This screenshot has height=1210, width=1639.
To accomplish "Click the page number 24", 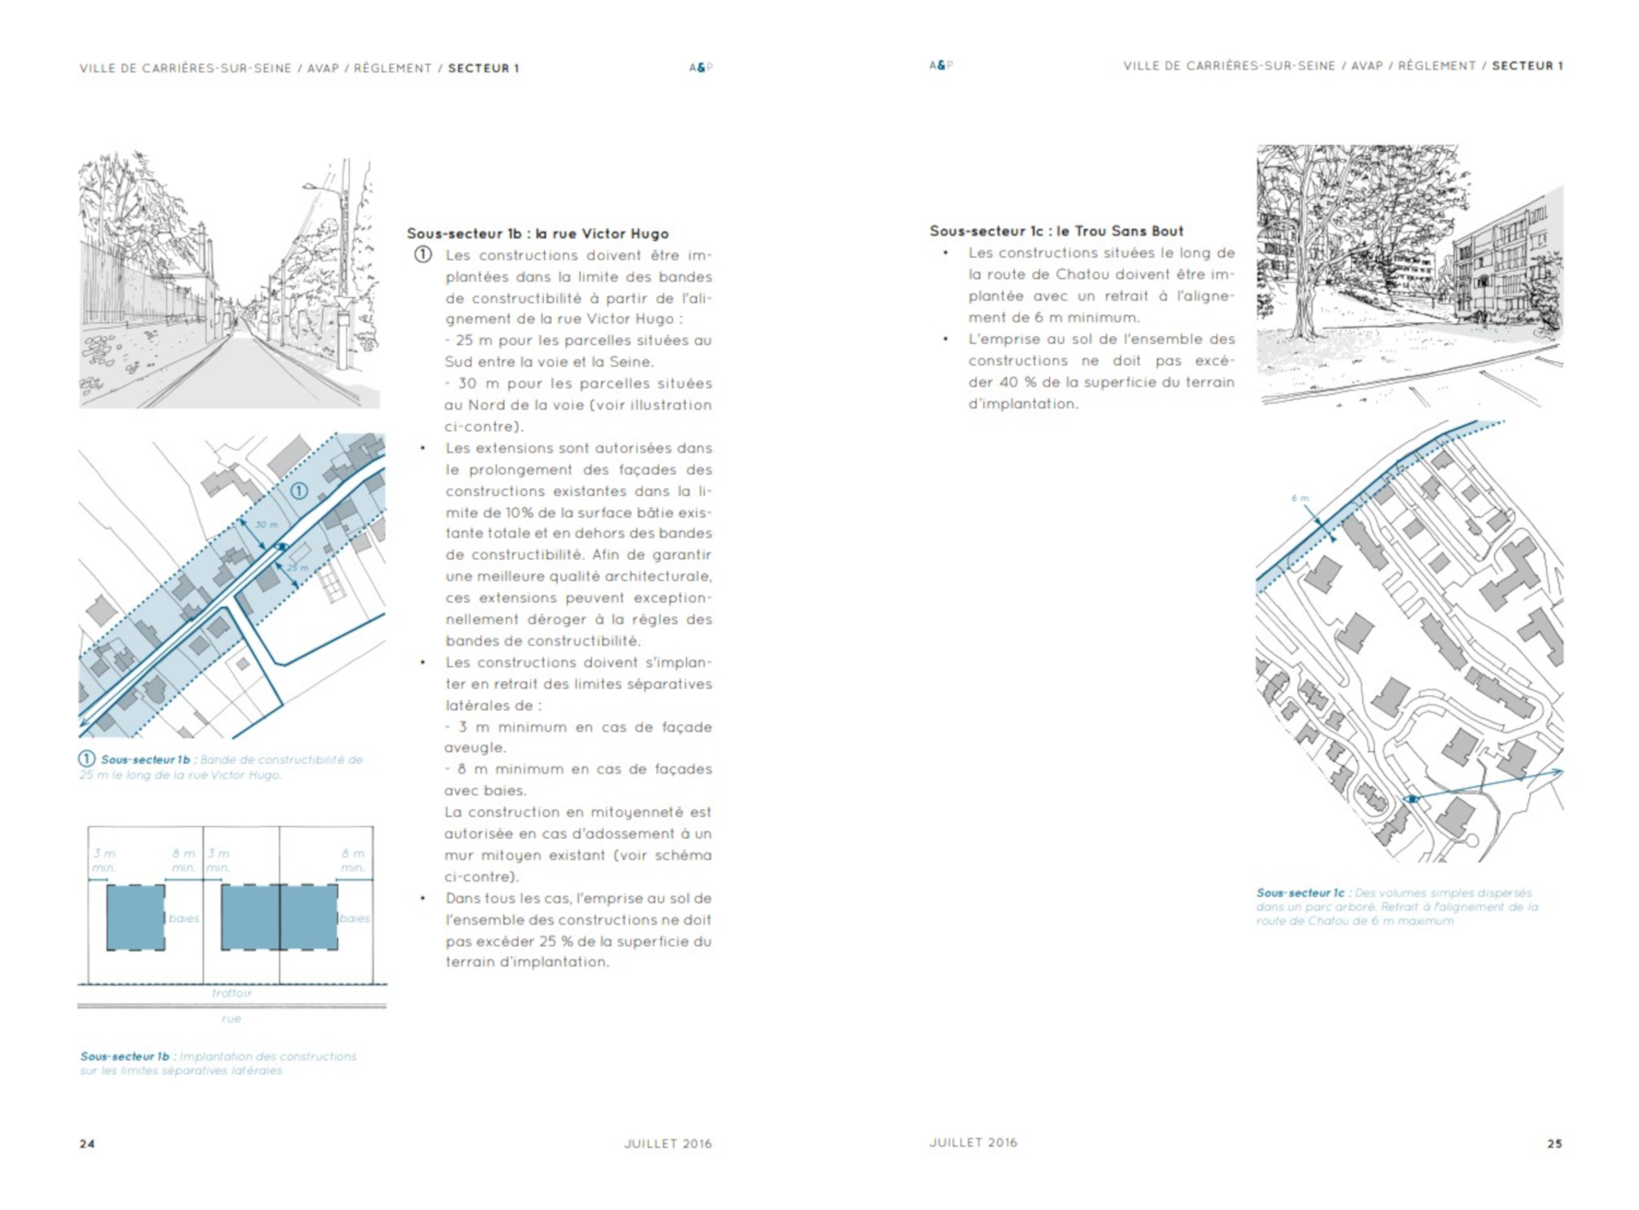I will coord(87,1143).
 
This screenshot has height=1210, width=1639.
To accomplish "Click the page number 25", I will coord(1554,1143).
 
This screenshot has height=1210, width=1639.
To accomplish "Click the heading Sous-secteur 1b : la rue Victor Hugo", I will coord(537,234).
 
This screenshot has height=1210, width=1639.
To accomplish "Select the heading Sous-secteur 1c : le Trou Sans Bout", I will coord(1055,231).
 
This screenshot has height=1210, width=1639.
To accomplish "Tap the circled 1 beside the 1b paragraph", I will coord(422,254).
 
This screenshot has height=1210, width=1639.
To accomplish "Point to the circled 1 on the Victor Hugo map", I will coord(299,490).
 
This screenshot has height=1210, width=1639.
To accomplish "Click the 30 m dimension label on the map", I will coord(266,525).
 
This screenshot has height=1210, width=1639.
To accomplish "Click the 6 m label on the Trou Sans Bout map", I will coord(1299,498).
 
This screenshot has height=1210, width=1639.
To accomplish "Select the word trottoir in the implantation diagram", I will coord(231,993).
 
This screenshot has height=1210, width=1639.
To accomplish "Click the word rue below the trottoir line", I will coord(231,1019).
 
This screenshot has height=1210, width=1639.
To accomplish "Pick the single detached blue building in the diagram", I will coord(136,917).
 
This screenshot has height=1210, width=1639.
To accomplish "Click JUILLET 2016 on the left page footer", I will coord(668,1143).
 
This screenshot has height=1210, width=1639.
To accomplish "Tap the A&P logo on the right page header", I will coord(940,66).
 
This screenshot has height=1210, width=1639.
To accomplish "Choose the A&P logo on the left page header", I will coord(700,67).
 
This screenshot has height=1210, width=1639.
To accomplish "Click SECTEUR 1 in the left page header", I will coord(483,68).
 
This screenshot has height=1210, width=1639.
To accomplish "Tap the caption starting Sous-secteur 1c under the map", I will coord(1396,906).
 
